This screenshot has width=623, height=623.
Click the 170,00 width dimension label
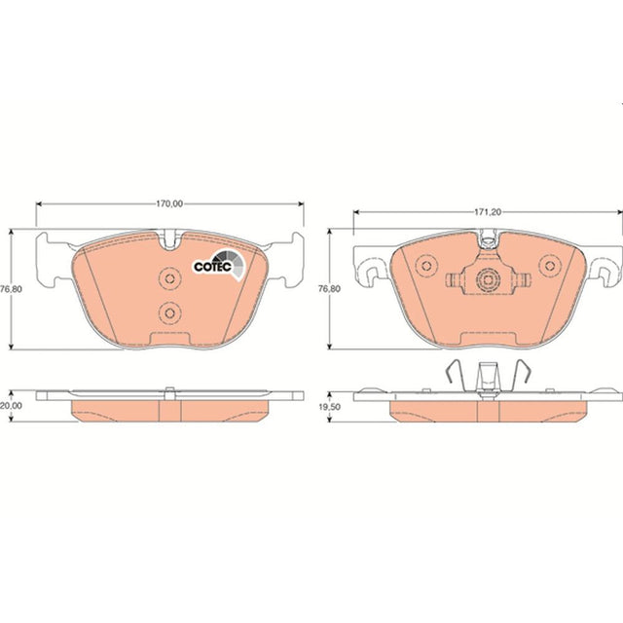coord(169,203)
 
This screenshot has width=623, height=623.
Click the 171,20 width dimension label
coord(488,212)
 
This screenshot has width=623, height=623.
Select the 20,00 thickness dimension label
coord(11,406)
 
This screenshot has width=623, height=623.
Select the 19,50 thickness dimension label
coord(329,407)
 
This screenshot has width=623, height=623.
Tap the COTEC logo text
coord(212,266)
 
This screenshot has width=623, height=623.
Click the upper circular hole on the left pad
coord(169,278)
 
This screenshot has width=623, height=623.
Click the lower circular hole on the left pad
coord(169,313)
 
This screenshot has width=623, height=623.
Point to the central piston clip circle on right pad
coord(488,280)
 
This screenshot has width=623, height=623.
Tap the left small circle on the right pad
coord(426,266)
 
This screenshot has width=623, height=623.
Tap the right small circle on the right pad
coord(550,266)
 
